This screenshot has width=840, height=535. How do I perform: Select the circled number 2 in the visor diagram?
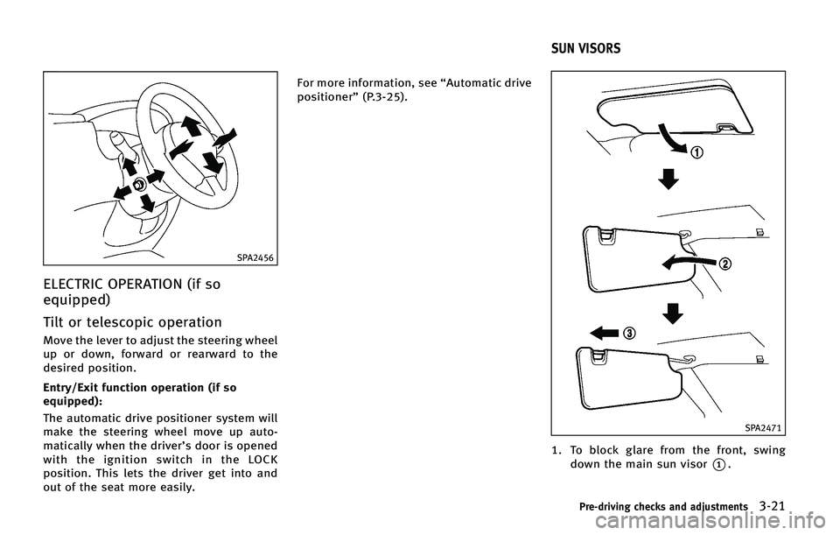coord(724,264)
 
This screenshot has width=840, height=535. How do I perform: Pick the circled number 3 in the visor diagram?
coord(628,334)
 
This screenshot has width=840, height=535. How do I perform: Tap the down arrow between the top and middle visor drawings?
coord(668,180)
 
